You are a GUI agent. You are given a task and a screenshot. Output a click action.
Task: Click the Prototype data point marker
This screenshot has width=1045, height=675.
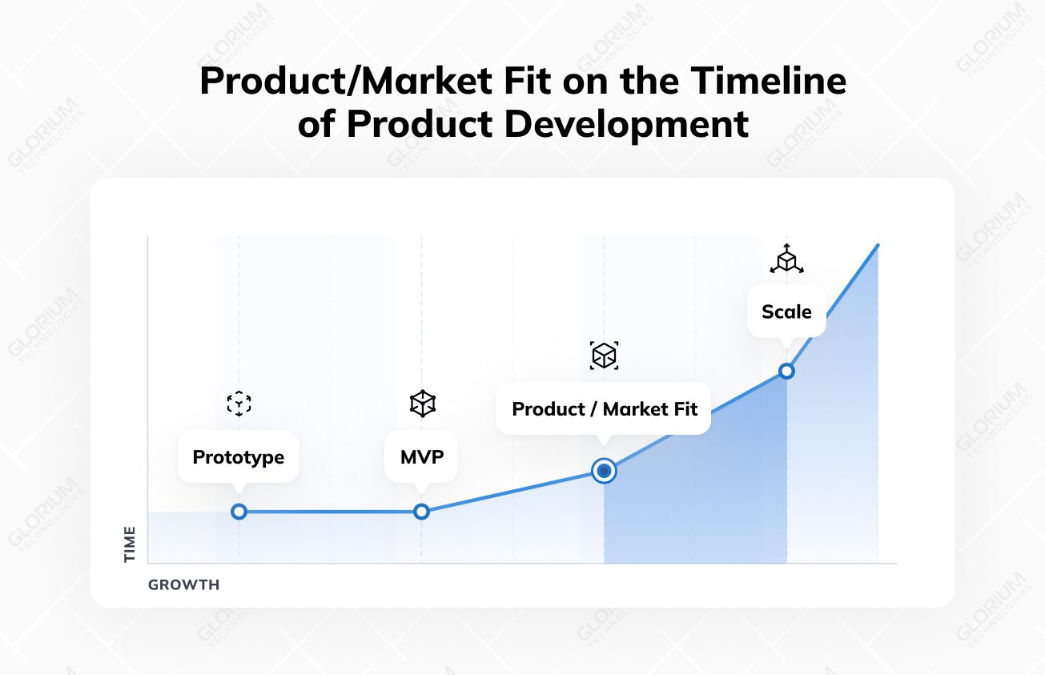click(239, 512)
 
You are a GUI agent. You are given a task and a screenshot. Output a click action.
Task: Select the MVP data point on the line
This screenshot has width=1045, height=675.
click(421, 512)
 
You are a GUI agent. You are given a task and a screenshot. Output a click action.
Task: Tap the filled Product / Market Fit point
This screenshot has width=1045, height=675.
click(604, 471)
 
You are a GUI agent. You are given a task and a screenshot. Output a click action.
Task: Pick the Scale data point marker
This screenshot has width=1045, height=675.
click(786, 372)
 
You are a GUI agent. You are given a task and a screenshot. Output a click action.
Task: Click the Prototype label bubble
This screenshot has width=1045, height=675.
click(239, 457)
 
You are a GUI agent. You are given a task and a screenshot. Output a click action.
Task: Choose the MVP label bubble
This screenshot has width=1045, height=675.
click(421, 457)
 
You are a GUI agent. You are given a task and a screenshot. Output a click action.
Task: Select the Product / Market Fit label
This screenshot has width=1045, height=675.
click(604, 409)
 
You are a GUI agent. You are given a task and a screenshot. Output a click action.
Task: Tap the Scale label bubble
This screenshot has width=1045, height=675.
click(786, 311)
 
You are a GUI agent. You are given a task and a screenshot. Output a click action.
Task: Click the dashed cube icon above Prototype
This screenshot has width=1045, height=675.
click(239, 404)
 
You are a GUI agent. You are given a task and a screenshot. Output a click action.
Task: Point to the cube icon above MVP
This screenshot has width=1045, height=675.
click(423, 404)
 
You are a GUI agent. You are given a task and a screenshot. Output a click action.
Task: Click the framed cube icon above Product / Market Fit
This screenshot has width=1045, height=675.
click(604, 356)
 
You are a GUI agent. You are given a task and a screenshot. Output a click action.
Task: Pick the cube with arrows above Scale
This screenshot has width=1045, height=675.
click(786, 259)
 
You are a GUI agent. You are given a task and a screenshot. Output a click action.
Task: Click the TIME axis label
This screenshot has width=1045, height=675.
click(129, 544)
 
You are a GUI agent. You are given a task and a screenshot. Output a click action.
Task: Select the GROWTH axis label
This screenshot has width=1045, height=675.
click(184, 585)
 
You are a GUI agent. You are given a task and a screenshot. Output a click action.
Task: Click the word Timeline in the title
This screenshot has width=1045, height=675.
click(769, 81)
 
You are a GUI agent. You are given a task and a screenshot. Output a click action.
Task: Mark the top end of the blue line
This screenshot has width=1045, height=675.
click(878, 245)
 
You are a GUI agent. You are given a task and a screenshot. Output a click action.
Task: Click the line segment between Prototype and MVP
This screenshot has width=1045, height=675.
click(330, 512)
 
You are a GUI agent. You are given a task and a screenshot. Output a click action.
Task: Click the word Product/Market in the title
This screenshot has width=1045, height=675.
click(346, 81)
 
